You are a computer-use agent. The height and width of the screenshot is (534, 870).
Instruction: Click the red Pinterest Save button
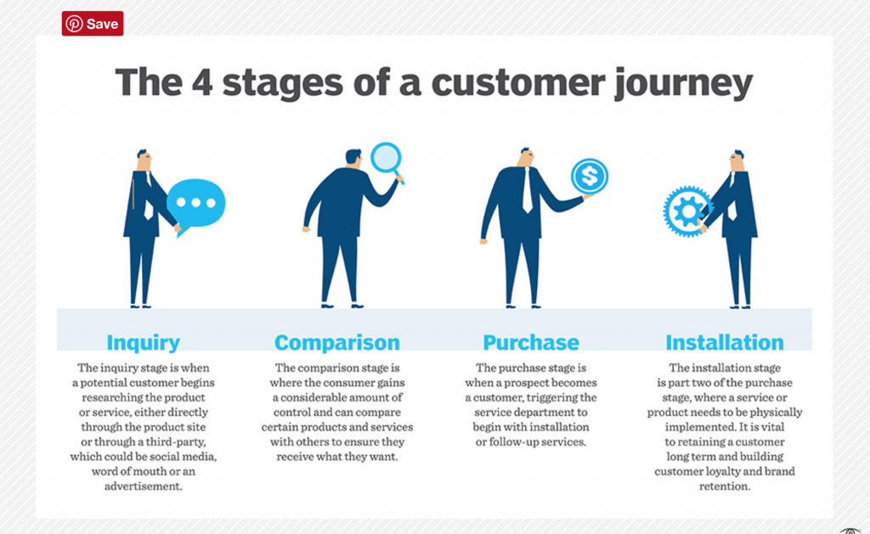click(93, 24)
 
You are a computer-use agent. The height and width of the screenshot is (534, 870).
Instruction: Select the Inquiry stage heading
click(143, 343)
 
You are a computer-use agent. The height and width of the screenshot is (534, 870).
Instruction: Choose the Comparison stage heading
click(336, 343)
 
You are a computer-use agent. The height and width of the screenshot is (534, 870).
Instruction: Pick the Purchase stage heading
click(531, 343)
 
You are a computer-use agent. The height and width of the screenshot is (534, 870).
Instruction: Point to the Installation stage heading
click(725, 343)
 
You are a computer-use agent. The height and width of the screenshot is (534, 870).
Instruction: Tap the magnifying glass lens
click(386, 158)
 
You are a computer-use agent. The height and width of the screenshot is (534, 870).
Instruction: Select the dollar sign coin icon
click(589, 177)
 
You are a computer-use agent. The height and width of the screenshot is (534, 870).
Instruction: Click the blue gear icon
click(686, 209)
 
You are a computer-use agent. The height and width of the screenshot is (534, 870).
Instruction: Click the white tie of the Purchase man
click(528, 189)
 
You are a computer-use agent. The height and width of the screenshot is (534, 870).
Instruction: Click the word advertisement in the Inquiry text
click(143, 486)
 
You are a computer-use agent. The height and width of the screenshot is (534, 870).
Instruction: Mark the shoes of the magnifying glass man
click(341, 304)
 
